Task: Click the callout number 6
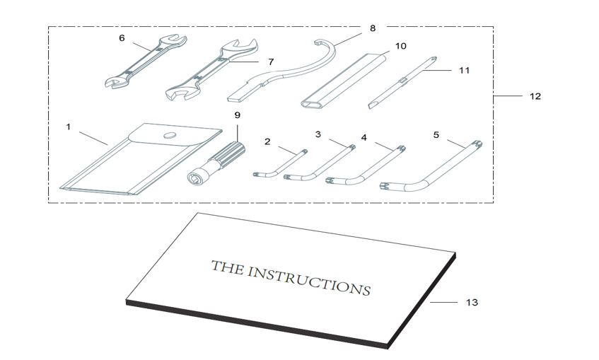[122, 38]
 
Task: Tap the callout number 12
[535, 96]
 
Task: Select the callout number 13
[472, 303]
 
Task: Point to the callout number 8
[373, 28]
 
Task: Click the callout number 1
[69, 127]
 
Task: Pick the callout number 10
[400, 46]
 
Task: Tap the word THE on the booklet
[229, 267]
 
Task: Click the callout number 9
[237, 115]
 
